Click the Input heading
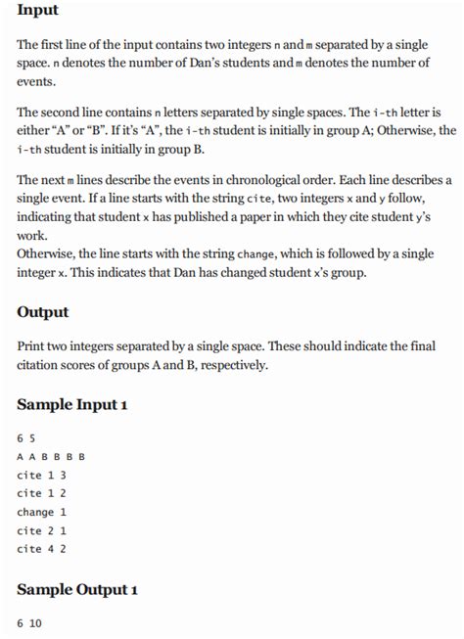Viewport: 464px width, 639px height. pos(38,11)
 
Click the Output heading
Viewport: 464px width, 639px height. pos(43,312)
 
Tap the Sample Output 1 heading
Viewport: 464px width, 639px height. pos(78,589)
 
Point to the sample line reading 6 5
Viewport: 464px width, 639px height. pos(26,437)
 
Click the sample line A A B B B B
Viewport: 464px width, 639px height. pos(51,456)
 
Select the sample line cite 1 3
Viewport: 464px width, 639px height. pos(41,475)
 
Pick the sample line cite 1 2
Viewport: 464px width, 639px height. pos(41,493)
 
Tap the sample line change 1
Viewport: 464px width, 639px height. pos(41,512)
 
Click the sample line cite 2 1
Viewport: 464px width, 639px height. pos(41,530)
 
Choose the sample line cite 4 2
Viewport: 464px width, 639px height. pos(41,549)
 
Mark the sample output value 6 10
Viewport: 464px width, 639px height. pos(30,622)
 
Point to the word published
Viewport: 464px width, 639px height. pos(169,217)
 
